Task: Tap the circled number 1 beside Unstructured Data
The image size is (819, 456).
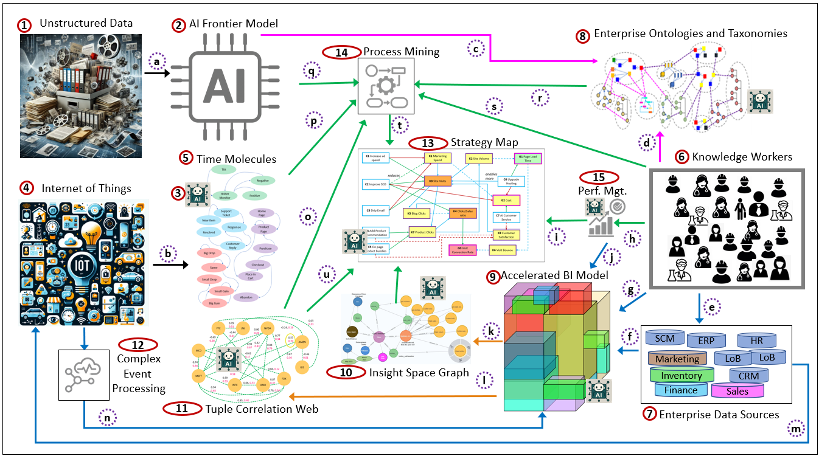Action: [24, 26]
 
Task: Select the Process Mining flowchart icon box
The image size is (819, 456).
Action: [386, 87]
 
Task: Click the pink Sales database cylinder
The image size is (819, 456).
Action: [737, 391]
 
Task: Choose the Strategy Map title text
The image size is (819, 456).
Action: [484, 143]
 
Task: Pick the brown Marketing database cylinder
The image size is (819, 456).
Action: [677, 359]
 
